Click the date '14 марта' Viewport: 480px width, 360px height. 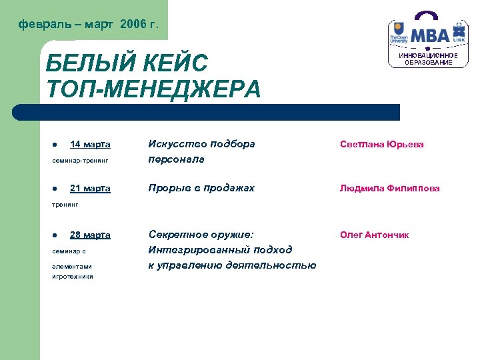[90, 145]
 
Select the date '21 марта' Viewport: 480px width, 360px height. [90, 189]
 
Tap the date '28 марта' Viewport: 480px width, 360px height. [90, 235]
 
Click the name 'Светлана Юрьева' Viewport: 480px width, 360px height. [381, 144]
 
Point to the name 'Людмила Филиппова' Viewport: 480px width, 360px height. [389, 189]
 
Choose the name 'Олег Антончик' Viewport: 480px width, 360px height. [374, 235]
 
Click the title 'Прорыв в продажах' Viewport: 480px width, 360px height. [201, 189]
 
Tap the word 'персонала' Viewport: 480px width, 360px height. [176, 159]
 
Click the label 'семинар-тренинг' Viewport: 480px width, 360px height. [79, 161]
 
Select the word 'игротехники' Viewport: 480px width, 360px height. [73, 277]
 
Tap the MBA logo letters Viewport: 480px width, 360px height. [430, 35]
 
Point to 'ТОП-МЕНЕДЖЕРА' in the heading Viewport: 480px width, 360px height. [153, 89]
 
